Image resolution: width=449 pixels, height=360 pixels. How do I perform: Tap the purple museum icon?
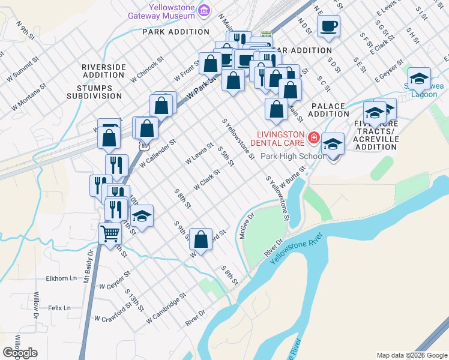[205, 10]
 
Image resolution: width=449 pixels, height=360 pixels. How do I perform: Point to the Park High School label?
[293, 156]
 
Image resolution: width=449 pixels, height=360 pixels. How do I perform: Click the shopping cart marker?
[110, 233]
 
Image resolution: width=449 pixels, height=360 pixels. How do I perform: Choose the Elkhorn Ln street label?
[61, 278]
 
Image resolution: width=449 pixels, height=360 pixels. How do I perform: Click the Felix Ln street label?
[59, 308]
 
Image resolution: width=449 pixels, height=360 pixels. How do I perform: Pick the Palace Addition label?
[328, 110]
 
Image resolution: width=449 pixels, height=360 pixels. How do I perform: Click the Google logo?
[20, 353]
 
